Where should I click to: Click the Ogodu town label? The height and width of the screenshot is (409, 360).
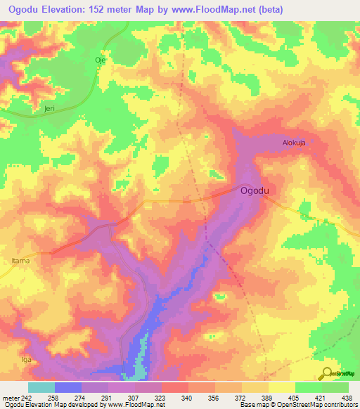(257, 190)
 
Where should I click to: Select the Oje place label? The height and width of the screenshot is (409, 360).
(100, 60)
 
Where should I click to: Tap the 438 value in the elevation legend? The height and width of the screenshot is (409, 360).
(347, 397)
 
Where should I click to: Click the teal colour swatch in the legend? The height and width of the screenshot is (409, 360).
(41, 387)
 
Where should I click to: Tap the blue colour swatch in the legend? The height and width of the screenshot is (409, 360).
(68, 387)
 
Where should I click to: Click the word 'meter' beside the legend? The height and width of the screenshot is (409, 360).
(12, 397)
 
